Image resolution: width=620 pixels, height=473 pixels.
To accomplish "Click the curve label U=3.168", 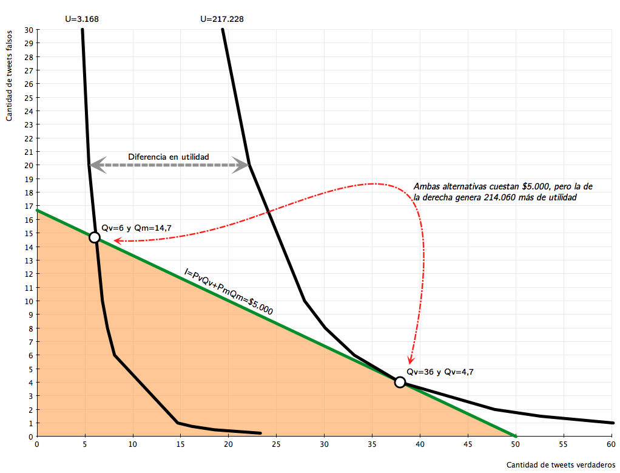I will click(x=82, y=19).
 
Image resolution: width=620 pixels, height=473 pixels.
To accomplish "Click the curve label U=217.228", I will click(x=222, y=19).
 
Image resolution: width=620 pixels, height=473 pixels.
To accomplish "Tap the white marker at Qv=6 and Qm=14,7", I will click(x=94, y=237).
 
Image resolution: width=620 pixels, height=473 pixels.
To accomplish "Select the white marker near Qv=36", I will click(x=400, y=382).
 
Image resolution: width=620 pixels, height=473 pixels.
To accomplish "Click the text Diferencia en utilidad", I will click(x=168, y=157).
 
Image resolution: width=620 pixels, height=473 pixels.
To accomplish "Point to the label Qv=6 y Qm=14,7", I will click(x=136, y=228).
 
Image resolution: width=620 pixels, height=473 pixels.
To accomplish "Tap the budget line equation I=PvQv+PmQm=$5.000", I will click(x=229, y=293).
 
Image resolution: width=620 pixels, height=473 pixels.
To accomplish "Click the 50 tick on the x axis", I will click(x=515, y=444).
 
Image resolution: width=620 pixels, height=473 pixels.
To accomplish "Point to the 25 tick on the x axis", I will click(x=276, y=444).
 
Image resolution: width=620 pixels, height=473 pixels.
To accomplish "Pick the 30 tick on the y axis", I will click(x=29, y=30).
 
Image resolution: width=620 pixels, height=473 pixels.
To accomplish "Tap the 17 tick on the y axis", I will click(x=29, y=205).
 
